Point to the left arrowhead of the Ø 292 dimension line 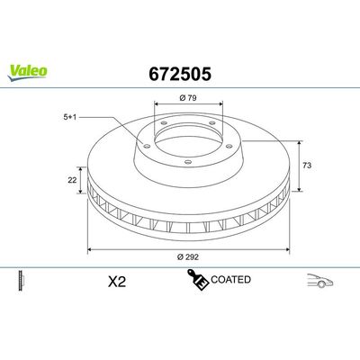(x=88, y=249)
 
